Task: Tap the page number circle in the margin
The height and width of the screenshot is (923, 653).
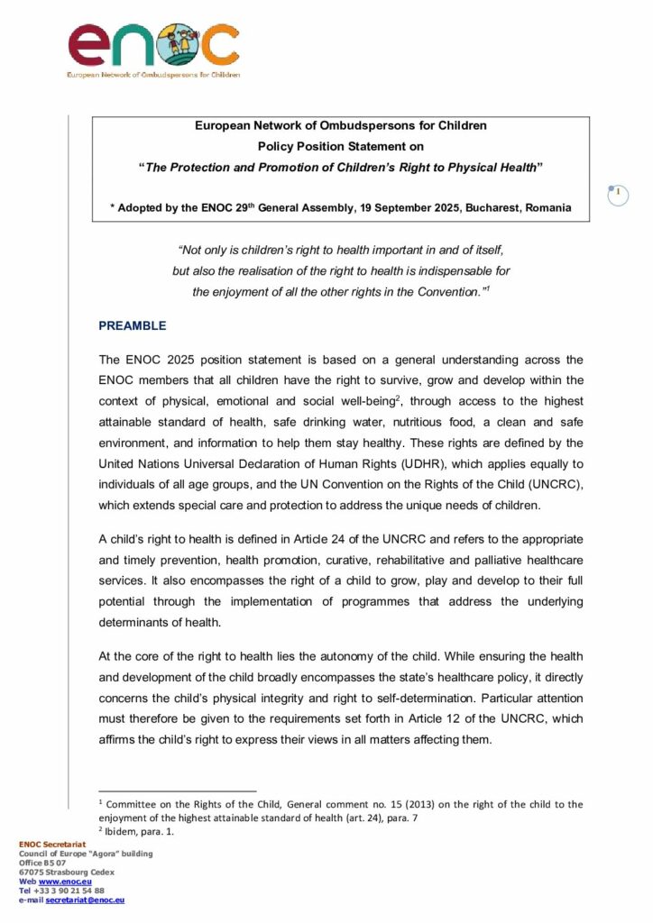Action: [x=618, y=193]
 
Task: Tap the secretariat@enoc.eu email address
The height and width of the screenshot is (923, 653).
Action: [x=85, y=900]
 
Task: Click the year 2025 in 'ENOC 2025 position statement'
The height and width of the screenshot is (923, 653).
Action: [x=185, y=358]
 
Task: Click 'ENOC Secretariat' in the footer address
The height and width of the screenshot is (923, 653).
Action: [x=51, y=845]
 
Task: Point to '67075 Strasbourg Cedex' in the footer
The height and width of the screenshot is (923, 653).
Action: [x=67, y=872]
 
